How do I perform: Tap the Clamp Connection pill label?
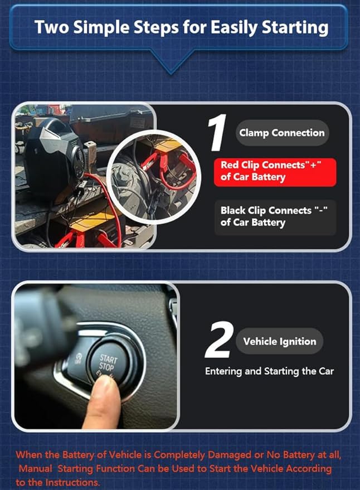click(x=281, y=133)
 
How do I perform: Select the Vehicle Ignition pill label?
click(x=279, y=341)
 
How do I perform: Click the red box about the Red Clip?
click(x=275, y=171)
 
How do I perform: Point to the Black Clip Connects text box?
click(x=275, y=216)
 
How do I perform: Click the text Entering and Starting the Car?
click(x=270, y=371)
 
